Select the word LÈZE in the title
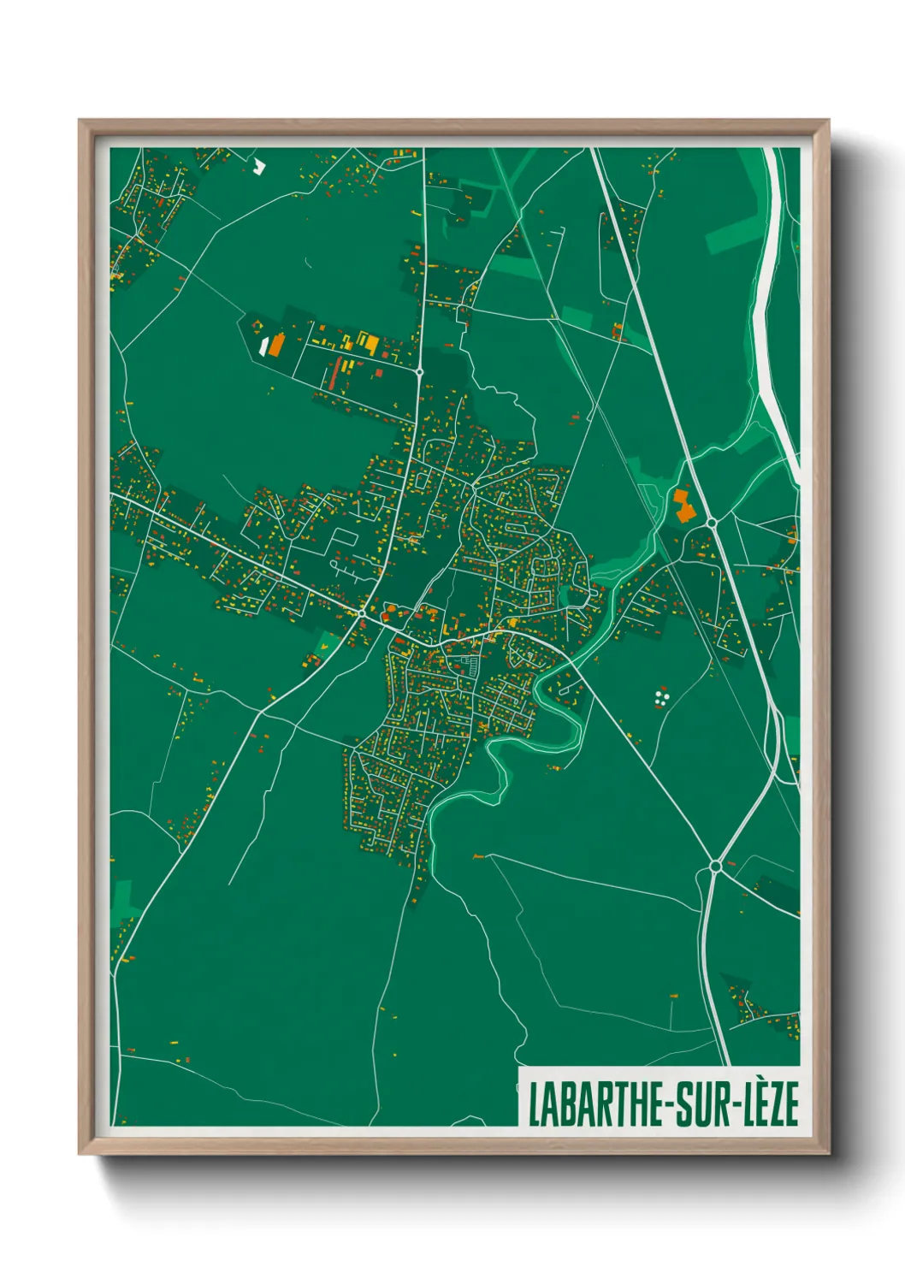pyautogui.click(x=769, y=1104)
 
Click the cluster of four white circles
pyautogui.click(x=660, y=698)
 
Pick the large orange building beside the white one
pyautogui.click(x=276, y=345)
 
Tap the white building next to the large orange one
pyautogui.click(x=263, y=345)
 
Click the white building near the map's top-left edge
pyautogui.click(x=260, y=166)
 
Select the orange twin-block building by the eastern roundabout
pyautogui.click(x=683, y=506)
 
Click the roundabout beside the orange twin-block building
pyautogui.click(x=712, y=521)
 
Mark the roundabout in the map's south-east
pyautogui.click(x=715, y=867)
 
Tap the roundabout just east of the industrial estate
pyautogui.click(x=419, y=372)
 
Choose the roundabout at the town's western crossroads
pyautogui.click(x=363, y=613)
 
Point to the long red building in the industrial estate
pyautogui.click(x=336, y=374)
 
